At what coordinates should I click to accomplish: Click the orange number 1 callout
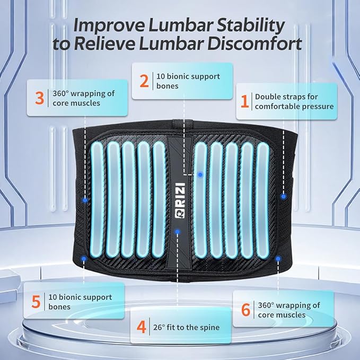tap(244, 101)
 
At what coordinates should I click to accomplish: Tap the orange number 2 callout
tap(144, 81)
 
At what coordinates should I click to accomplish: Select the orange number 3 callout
tap(39, 98)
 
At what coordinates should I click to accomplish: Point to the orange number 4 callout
tap(141, 327)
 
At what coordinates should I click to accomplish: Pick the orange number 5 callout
tap(36, 302)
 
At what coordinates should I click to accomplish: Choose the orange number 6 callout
tap(245, 310)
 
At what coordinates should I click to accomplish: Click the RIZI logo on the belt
tap(180, 200)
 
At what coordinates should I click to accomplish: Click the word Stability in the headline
tap(250, 25)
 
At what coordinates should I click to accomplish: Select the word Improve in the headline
tap(109, 26)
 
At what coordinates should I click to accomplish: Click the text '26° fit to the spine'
tap(186, 327)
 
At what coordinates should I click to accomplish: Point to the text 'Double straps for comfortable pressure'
tap(294, 101)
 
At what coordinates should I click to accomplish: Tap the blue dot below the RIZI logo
tap(177, 232)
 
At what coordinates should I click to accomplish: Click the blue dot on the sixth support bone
tap(200, 175)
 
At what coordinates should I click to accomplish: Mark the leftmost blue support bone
tap(97, 199)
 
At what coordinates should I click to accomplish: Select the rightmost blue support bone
tap(262, 200)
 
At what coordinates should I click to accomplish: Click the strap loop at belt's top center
tap(182, 123)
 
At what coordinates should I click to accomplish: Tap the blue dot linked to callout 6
tap(278, 259)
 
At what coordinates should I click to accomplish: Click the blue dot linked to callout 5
tap(84, 259)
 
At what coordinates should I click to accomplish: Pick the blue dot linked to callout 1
tap(284, 197)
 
